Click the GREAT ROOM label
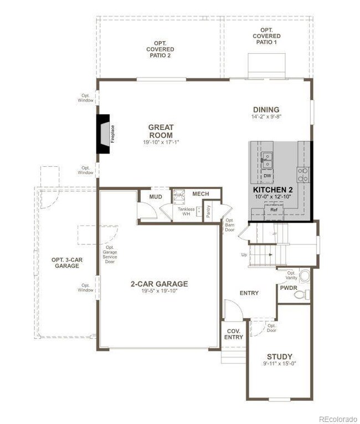pyautogui.click(x=161, y=131)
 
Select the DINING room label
pyautogui.click(x=266, y=110)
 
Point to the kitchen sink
pyautogui.click(x=266, y=160)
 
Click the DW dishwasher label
pyautogui.click(x=267, y=176)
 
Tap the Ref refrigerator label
pyautogui.click(x=273, y=210)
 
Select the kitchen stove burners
pyautogui.click(x=303, y=175)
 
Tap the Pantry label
pyautogui.click(x=208, y=211)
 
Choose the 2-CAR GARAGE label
pyautogui.click(x=159, y=284)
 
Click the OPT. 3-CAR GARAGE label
pyautogui.click(x=66, y=263)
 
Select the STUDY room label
pyautogui.click(x=279, y=356)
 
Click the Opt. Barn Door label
pyautogui.click(x=229, y=224)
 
